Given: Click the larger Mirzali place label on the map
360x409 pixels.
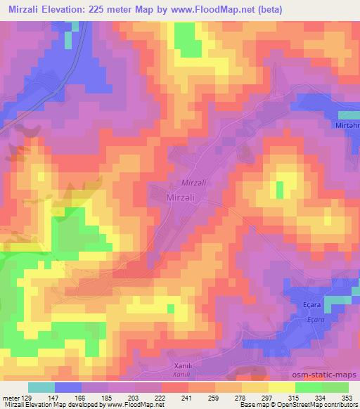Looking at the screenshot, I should pyautogui.click(x=185, y=198).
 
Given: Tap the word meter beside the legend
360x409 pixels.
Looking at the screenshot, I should pyautogui.click(x=11, y=397).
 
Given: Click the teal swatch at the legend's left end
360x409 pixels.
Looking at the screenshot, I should pyautogui.click(x=41, y=387).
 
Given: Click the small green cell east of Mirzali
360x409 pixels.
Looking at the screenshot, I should pyautogui.click(x=279, y=190).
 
